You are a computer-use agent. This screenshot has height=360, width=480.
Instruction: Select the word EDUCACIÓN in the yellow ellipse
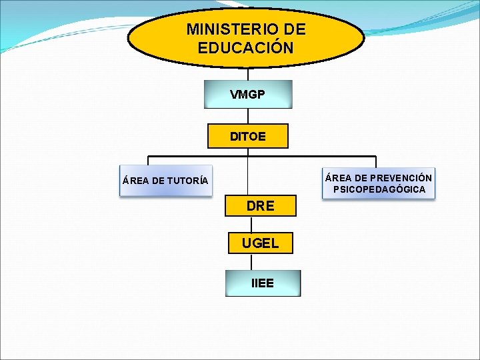(245, 48)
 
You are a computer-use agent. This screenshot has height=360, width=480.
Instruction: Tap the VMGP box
(248, 95)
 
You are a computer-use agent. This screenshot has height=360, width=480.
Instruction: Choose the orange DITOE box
(248, 136)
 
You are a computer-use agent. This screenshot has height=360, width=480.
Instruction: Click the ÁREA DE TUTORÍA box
(165, 181)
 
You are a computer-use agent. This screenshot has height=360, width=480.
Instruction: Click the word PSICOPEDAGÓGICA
(379, 190)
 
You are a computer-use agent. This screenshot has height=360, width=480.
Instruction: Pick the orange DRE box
(260, 206)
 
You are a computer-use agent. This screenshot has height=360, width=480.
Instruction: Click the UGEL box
(260, 243)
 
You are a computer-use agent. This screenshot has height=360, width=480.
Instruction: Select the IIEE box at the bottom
(263, 283)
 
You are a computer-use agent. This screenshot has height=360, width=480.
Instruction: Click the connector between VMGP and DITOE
(248, 116)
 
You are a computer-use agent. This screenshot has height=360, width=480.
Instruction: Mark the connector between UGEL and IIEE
(251, 262)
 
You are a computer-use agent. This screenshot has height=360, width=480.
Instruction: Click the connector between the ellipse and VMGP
(248, 73)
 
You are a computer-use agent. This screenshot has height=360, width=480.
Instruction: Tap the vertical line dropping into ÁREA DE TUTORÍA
(148, 161)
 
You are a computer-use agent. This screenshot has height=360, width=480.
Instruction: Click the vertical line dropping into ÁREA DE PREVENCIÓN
(376, 162)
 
